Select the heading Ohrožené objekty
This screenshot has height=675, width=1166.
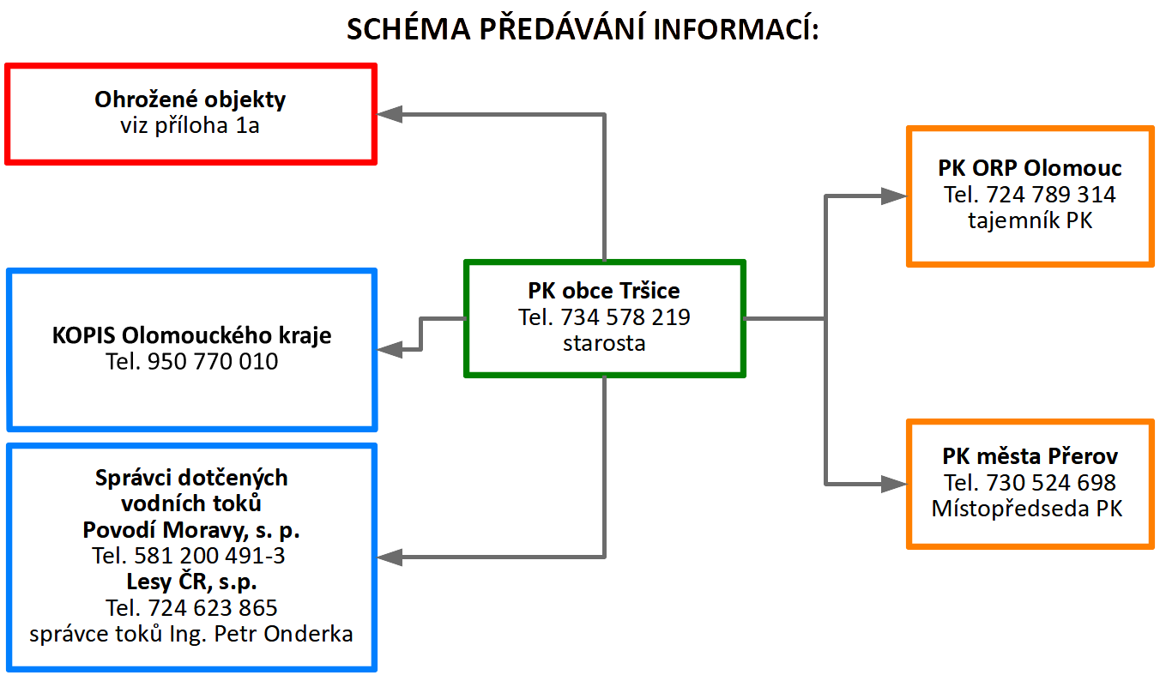click(190, 99)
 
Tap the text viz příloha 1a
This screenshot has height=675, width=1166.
click(190, 125)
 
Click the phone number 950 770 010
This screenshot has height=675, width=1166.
click(213, 361)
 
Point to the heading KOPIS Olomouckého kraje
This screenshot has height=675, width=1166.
click(191, 335)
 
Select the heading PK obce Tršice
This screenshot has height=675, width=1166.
click(604, 291)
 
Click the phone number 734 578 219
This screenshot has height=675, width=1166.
click(625, 317)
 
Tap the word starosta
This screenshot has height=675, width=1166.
click(604, 343)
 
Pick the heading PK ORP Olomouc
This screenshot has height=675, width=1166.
click(1030, 168)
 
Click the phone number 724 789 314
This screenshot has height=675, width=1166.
click(1051, 195)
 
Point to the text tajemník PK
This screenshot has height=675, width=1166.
click(1030, 220)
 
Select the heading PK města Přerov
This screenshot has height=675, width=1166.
click(1030, 456)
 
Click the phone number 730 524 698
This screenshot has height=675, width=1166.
click(1051, 482)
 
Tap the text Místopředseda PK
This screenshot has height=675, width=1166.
click(1027, 509)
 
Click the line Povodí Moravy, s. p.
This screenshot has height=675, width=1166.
click(191, 530)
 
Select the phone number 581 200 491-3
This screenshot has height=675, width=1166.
click(209, 556)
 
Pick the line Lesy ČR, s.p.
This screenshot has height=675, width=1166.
click(191, 582)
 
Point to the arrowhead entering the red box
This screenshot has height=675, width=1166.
click(389, 114)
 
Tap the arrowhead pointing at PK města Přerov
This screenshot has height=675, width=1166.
click(894, 484)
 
